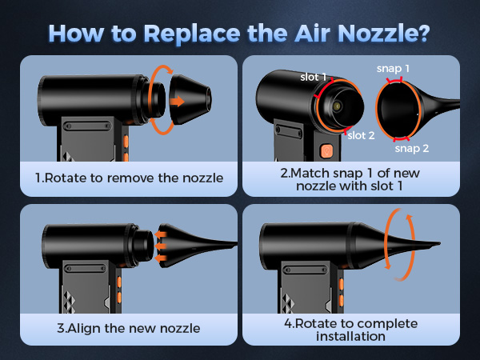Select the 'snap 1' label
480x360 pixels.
point(393,69)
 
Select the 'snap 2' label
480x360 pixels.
point(411,148)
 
